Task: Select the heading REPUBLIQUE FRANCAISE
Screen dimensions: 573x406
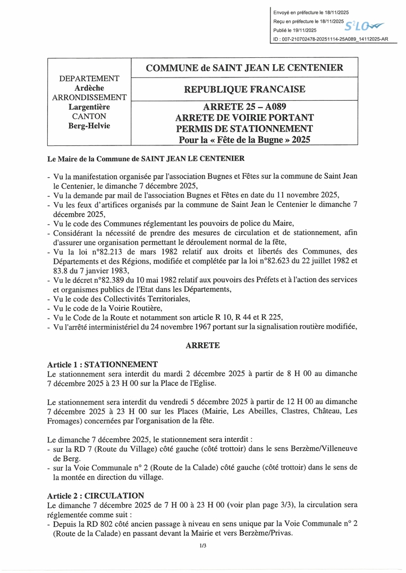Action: click(244, 89)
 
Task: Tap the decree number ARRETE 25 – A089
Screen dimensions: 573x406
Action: click(244, 107)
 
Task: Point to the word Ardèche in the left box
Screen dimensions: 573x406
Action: click(89, 88)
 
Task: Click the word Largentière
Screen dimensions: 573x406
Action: click(89, 107)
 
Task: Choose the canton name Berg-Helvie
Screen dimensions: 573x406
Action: click(89, 126)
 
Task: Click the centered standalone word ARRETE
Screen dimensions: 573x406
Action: click(202, 345)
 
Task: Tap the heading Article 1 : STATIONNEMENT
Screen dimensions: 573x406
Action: click(102, 364)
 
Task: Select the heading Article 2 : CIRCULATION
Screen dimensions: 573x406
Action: click(96, 495)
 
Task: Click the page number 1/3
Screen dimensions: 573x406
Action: click(202, 545)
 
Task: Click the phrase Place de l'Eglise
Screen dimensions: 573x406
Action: click(198, 383)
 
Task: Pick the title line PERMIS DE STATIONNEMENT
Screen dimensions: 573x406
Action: click(244, 128)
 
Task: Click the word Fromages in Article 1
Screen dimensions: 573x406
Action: click(64, 421)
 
